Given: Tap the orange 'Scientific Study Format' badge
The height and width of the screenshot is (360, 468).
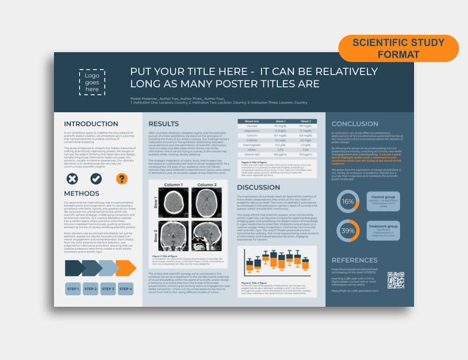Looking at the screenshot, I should pyautogui.click(x=398, y=48).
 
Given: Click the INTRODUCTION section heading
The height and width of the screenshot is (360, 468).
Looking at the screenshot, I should pyautogui.click(x=91, y=124).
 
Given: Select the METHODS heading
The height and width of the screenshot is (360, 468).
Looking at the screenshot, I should pyautogui.click(x=81, y=194).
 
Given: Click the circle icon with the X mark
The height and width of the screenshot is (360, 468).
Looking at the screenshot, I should pyautogui.click(x=72, y=179).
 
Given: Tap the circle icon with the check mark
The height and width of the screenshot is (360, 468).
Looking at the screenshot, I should pyautogui.click(x=97, y=179).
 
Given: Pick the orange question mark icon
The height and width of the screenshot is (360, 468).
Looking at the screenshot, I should pyautogui.click(x=121, y=179).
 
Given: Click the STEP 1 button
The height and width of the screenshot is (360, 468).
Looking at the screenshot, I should pyautogui.click(x=72, y=289).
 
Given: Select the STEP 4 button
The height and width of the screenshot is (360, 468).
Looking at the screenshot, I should pyautogui.click(x=126, y=289).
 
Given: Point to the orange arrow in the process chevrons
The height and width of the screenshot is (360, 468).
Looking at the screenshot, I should pyautogui.click(x=126, y=268).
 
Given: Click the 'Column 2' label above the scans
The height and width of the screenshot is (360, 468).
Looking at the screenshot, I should pyautogui.click(x=206, y=185).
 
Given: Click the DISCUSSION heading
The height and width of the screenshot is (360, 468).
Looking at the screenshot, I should pyautogui.click(x=258, y=187).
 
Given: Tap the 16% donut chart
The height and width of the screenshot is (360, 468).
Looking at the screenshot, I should pyautogui.click(x=348, y=202).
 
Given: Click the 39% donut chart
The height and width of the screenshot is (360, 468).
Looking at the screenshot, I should pyautogui.click(x=348, y=230).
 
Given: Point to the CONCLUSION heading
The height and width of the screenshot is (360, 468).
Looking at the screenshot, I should pyautogui.click(x=355, y=124).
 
